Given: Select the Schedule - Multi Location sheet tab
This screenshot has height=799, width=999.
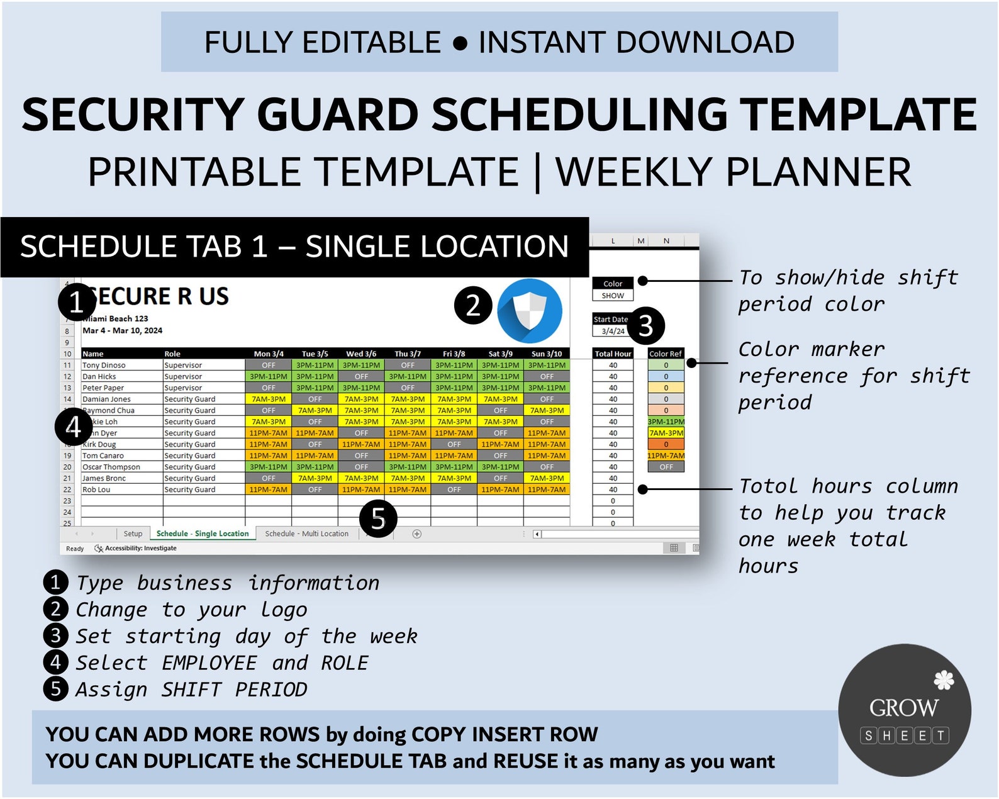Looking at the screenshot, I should (x=306, y=534).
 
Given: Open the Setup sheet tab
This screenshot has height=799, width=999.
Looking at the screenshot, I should (x=133, y=534).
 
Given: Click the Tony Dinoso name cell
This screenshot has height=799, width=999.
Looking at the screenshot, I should (x=104, y=366).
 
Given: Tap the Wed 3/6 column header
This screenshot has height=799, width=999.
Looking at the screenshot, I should (x=361, y=354).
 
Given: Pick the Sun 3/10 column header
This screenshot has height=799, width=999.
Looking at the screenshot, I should (x=547, y=354).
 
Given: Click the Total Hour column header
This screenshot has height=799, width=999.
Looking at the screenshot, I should (x=613, y=354).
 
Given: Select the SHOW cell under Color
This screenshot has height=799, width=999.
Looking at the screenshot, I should (x=613, y=296).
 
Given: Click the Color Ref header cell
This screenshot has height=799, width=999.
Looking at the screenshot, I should (x=666, y=354).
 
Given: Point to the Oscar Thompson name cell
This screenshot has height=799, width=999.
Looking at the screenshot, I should (x=111, y=467).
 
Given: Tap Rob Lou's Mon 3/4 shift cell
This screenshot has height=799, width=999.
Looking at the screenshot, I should (x=269, y=490).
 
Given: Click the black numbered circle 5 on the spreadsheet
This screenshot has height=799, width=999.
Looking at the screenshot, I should (x=378, y=519).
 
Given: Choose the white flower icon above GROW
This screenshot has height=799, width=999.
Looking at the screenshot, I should (x=944, y=680).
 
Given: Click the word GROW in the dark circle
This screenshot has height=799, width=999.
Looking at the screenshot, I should (x=904, y=708).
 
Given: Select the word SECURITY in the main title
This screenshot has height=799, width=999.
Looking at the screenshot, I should (x=132, y=115).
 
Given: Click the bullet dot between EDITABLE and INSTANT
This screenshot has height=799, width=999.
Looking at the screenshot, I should (x=460, y=43).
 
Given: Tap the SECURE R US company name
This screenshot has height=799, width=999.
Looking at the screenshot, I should (x=160, y=296).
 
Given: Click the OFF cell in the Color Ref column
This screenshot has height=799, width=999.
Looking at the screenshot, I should (x=666, y=467).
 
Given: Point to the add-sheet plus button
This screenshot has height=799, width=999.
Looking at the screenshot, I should (x=416, y=534).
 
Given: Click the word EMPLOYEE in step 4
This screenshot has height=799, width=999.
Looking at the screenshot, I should (x=209, y=663).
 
